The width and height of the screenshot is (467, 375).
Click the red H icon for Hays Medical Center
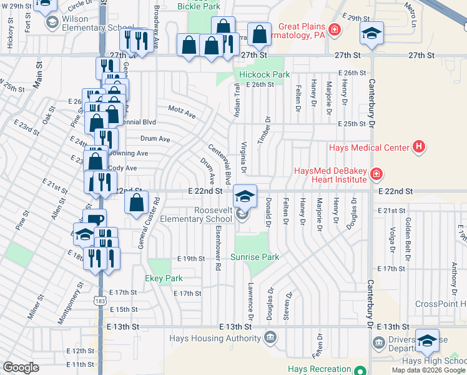pos(419,147)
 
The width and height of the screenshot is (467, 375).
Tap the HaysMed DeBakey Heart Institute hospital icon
pos(376,173)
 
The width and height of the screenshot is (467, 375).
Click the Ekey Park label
pos(164,278)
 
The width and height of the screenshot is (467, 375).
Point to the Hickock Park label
pos(265,74)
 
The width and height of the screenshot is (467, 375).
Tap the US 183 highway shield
pos(101,301)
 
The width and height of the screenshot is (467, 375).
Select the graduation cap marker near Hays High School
pos(428,340)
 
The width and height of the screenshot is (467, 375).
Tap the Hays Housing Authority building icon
pos(270,339)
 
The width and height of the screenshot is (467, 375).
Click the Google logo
pos(21,367)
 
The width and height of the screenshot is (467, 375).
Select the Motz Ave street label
pos(182,112)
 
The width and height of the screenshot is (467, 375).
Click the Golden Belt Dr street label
pos(407,228)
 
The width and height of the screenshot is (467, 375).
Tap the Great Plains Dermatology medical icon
pos(334,29)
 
